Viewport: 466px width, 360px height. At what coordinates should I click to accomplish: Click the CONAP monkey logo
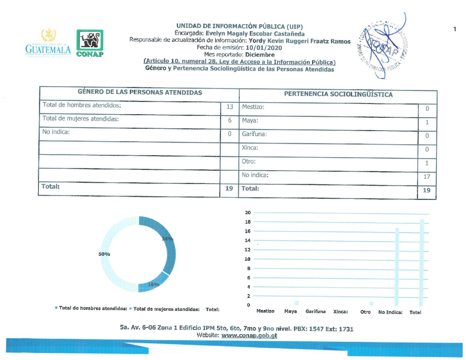point(90,43)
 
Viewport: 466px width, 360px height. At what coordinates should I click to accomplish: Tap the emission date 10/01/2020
point(264,48)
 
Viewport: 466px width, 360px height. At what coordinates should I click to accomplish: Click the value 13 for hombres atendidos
point(230,107)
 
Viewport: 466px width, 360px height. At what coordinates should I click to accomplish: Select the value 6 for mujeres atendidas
point(230,120)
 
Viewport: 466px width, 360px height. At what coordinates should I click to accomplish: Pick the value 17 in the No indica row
point(427,177)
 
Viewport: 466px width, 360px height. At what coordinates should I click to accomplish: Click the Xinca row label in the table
point(250,148)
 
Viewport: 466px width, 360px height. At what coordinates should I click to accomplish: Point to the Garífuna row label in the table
point(254,134)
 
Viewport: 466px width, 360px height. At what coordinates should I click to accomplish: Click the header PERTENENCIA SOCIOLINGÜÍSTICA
point(338,94)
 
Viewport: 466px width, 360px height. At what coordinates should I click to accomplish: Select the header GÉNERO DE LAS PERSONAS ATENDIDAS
point(140,92)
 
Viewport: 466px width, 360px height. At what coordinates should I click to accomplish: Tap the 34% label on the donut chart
point(167,239)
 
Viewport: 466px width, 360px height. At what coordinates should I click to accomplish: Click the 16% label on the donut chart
point(154,285)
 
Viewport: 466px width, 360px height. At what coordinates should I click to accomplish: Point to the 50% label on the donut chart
point(104,254)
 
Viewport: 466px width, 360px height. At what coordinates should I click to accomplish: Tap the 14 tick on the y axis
point(248,240)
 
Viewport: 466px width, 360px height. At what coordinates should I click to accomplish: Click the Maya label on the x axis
point(290,311)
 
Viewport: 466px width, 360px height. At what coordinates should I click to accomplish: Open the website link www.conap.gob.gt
point(249,336)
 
